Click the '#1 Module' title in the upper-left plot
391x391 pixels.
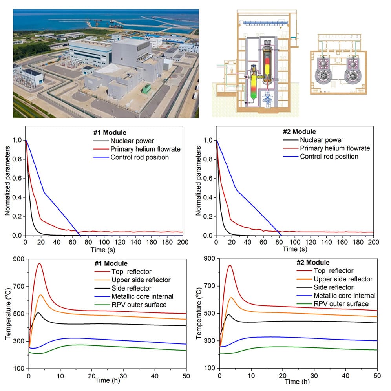[110, 132]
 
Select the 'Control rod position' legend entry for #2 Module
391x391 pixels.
[329, 157]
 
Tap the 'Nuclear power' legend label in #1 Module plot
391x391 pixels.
[132, 141]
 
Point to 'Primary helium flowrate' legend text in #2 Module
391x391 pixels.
[335, 148]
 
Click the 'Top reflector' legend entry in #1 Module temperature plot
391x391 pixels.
[132, 272]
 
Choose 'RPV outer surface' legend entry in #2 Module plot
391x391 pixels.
[341, 304]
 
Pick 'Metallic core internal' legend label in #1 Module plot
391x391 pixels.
[143, 296]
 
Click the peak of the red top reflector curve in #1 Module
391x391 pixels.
[39, 263]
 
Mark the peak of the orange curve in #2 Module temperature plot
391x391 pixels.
[231, 298]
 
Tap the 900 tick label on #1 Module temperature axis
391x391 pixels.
[18, 259]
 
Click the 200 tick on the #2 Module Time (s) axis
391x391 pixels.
[374, 242]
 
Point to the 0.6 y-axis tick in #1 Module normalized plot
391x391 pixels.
[17, 178]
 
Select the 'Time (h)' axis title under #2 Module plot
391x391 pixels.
[297, 382]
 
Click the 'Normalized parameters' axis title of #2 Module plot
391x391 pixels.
[198, 181]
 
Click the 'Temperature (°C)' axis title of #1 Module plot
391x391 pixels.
[8, 314]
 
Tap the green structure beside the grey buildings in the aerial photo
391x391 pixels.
[146, 89]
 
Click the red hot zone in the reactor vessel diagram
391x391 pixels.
[267, 61]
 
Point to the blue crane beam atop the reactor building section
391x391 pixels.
[265, 23]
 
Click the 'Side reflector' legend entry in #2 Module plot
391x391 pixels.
[333, 287]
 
